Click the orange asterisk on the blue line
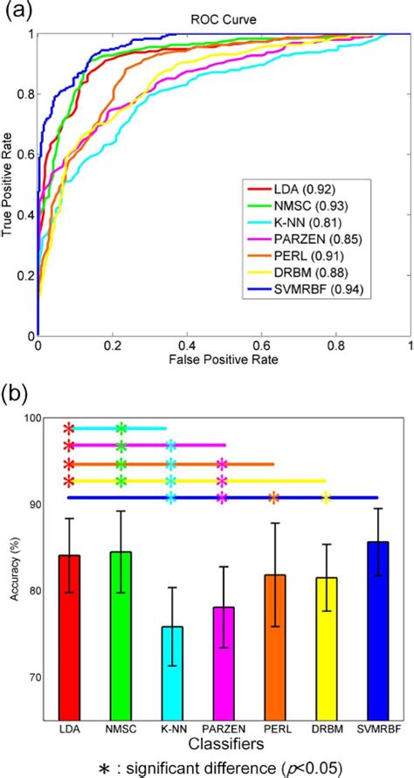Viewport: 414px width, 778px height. (x=273, y=498)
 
